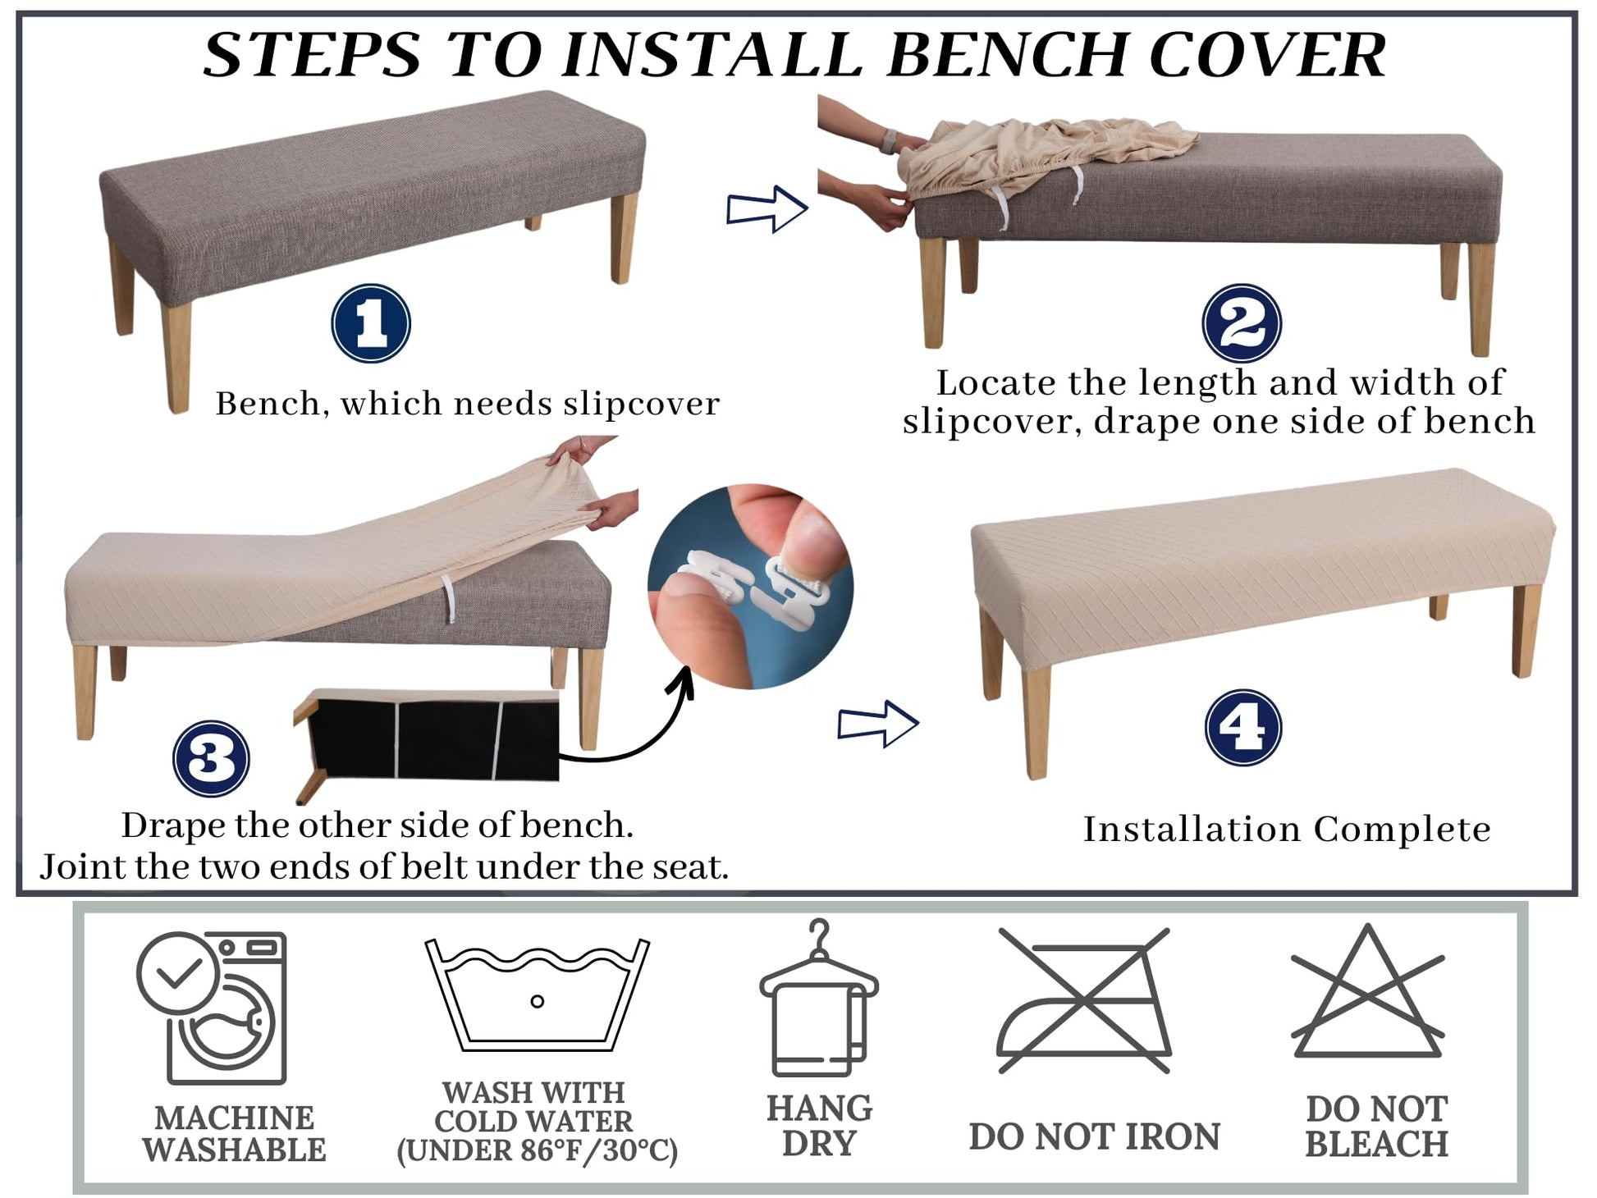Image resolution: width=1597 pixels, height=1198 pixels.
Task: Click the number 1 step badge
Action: pos(371,324)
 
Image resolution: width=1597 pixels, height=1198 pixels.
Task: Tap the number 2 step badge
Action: pos(1242,323)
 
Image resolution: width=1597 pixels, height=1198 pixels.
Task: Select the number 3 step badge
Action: pos(211,758)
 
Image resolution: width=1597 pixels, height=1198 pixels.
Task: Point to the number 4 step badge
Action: pos(1243,728)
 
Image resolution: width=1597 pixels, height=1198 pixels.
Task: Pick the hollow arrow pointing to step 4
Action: pos(877,724)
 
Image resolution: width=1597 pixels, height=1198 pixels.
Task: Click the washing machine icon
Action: pos(212,1008)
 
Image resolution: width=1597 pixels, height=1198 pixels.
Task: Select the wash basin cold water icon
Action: pos(538,995)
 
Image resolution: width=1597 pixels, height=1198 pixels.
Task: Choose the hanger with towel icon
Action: pos(818,998)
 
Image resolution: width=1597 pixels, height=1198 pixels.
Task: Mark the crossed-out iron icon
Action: pos(1083,1000)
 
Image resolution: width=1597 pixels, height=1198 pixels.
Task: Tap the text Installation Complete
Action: pos(1287,829)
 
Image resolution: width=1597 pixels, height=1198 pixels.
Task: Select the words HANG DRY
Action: pos(819,1125)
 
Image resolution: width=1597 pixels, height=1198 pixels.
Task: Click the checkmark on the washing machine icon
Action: pos(180,973)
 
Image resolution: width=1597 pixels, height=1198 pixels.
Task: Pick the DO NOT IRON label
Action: pos(1094,1137)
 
